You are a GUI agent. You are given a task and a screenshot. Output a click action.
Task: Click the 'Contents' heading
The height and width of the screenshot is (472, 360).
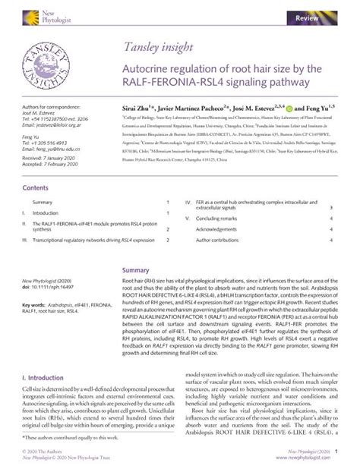point(36,187)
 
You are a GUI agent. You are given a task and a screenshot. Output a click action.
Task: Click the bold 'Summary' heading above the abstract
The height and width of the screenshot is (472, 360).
point(136,270)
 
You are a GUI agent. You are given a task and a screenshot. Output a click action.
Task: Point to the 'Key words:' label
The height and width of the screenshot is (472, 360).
point(35,304)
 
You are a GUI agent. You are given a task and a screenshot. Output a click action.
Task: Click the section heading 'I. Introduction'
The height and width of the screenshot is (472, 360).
point(43,377)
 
